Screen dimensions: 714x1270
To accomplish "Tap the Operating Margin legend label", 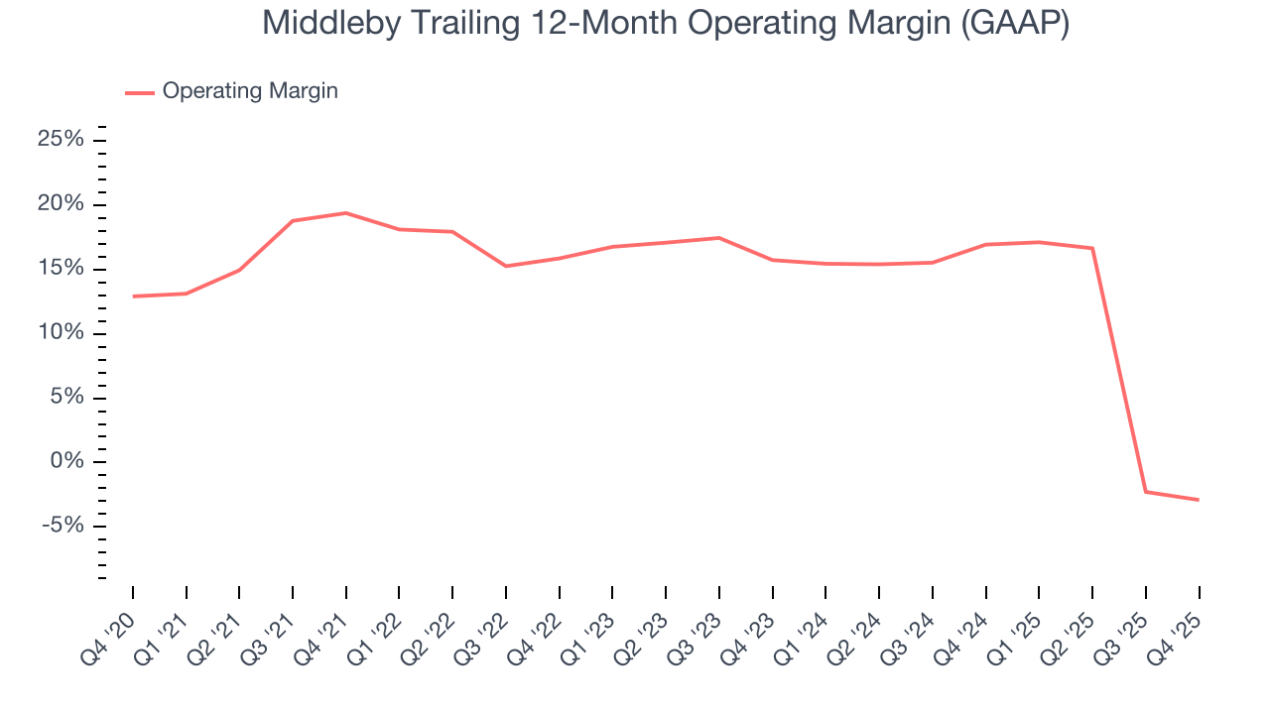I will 250,91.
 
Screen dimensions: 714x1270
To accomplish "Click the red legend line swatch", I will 140,92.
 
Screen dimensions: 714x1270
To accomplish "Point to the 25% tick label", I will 61,140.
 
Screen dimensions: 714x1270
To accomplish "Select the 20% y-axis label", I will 61,204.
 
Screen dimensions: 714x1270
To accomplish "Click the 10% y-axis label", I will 61,333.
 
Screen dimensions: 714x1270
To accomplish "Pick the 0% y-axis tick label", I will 66,461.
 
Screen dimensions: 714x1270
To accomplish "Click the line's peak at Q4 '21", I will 345,213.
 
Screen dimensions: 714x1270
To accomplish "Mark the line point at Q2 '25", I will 1092,248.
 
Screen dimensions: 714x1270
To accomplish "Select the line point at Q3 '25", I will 1146,492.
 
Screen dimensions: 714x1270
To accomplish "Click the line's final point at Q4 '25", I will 1199,500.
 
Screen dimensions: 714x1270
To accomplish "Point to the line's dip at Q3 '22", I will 506,266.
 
